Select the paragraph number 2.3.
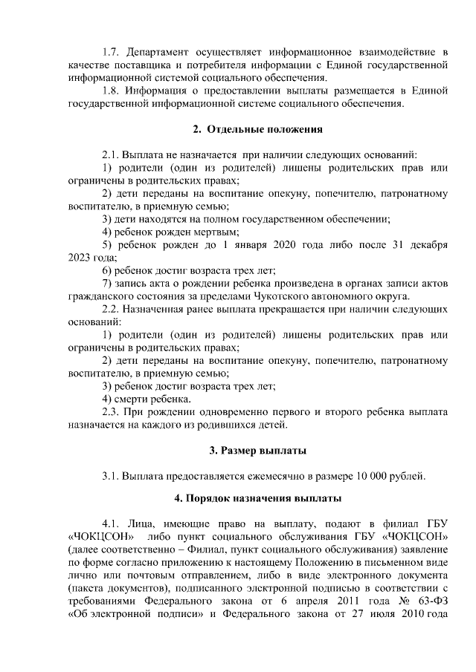click(112, 411)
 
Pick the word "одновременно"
click(218, 411)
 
